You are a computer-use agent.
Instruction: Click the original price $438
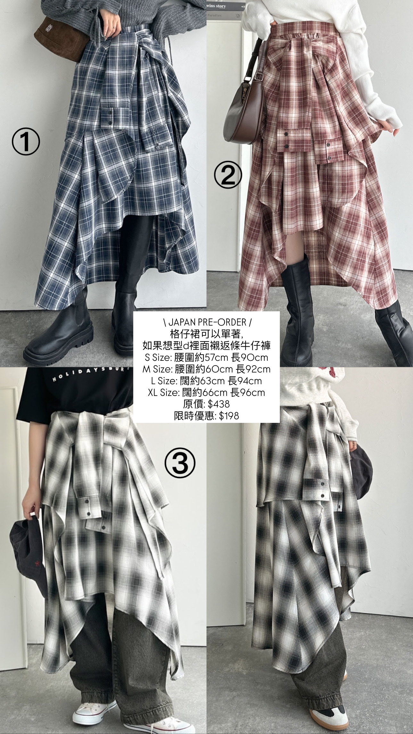pyautogui.click(x=206, y=404)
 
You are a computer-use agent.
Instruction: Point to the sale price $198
pyautogui.click(x=206, y=415)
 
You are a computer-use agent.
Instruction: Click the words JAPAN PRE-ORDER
pyautogui.click(x=206, y=322)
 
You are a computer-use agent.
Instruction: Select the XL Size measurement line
pyautogui.click(x=206, y=392)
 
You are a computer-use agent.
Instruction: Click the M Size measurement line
pyautogui.click(x=206, y=369)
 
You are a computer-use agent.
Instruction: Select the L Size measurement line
pyautogui.click(x=206, y=381)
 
